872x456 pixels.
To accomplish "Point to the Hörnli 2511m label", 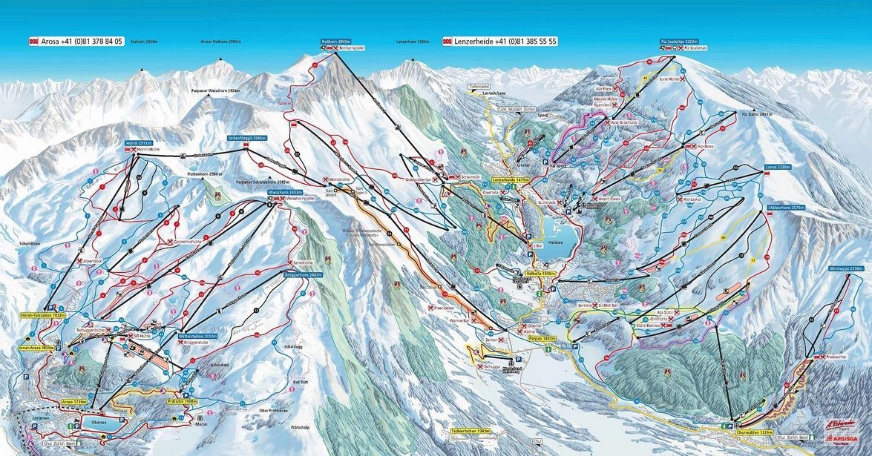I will tap(138, 142).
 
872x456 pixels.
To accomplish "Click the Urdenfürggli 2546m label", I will tap(246, 139).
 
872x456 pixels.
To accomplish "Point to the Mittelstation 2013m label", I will tap(198, 335).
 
